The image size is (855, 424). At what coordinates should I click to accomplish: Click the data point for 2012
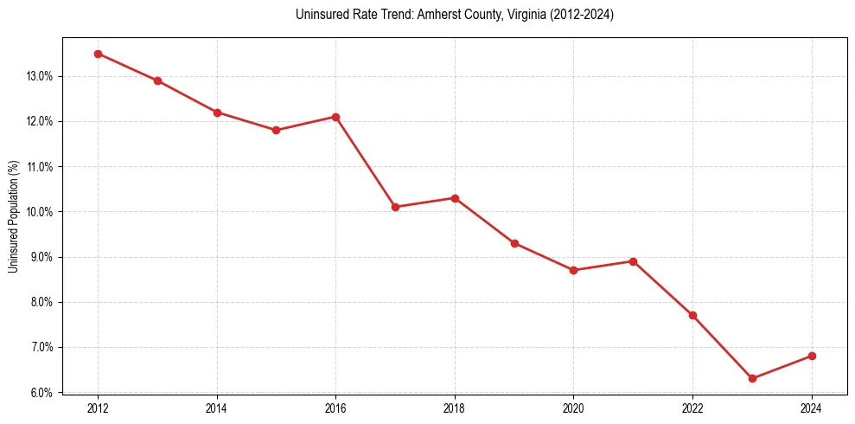click(x=98, y=54)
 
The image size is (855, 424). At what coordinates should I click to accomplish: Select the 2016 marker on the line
click(x=335, y=117)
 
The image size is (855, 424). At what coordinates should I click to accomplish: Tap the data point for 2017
click(x=395, y=207)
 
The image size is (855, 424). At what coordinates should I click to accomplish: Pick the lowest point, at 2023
click(x=752, y=378)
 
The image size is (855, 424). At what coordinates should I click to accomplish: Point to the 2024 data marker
click(x=812, y=356)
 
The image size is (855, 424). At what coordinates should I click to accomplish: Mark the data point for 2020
click(x=574, y=270)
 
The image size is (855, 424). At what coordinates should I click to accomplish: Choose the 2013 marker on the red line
click(x=157, y=80)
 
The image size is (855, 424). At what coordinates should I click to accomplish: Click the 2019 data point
click(x=514, y=243)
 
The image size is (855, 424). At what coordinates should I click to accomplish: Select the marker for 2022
click(x=692, y=315)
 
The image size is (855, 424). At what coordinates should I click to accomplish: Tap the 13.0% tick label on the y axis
click(x=40, y=76)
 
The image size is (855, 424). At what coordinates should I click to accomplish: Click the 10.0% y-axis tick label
click(x=40, y=212)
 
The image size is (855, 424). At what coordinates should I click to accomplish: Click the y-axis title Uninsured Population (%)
click(x=13, y=215)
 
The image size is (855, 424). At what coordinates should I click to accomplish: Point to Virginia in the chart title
click(x=520, y=15)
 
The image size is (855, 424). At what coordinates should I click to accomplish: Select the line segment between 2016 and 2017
click(x=365, y=162)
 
